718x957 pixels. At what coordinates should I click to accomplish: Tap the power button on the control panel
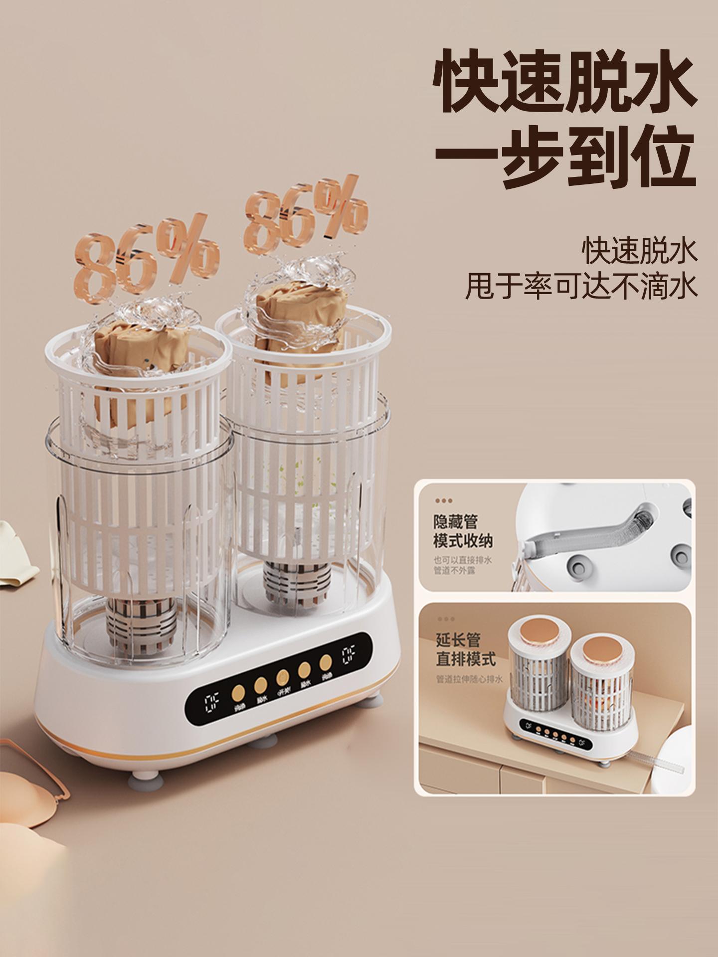[282, 678]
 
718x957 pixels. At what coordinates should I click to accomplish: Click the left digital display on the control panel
[212, 702]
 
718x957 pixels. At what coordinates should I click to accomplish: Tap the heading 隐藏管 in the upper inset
[455, 522]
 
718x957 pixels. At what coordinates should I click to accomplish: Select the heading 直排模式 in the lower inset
[466, 659]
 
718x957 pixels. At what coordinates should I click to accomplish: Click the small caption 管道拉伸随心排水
[469, 679]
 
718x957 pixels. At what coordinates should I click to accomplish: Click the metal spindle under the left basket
[142, 626]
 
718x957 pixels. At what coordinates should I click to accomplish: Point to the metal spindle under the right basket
[297, 583]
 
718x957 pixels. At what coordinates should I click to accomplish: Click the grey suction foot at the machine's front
[144, 780]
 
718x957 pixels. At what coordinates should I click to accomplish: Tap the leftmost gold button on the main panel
[238, 692]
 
